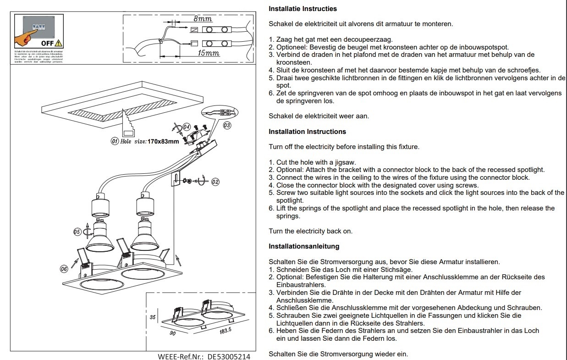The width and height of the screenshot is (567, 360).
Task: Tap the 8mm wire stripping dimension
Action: click(x=203, y=19)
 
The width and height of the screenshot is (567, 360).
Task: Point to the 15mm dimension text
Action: click(x=208, y=53)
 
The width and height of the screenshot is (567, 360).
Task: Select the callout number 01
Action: click(x=115, y=141)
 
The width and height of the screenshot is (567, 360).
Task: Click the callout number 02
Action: click(x=215, y=182)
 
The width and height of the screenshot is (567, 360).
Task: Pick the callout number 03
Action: click(x=227, y=125)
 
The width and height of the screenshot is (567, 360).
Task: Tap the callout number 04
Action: click(x=187, y=127)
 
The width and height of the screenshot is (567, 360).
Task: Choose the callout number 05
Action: click(x=77, y=232)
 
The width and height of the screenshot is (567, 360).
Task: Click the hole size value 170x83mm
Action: click(x=163, y=142)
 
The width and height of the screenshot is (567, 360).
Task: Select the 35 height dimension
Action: click(x=153, y=316)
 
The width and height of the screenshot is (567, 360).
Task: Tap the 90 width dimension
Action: click(x=173, y=333)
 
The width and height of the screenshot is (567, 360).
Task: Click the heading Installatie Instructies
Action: click(x=303, y=9)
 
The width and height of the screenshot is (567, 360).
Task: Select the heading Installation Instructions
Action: click(x=307, y=132)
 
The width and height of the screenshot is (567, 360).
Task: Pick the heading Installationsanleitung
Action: click(x=304, y=246)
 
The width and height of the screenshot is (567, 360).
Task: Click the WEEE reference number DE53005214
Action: click(x=229, y=356)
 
